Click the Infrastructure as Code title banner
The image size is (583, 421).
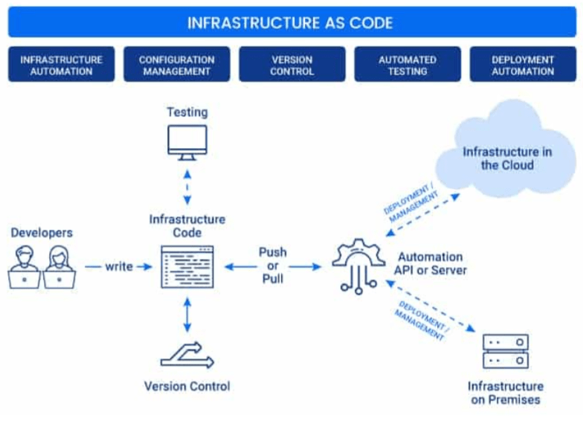tap(290, 22)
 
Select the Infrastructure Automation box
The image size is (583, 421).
tap(61, 65)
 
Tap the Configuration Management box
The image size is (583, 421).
tap(175, 65)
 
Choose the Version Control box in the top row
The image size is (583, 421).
tap(291, 65)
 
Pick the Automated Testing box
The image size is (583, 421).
tap(407, 65)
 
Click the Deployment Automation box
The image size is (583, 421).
tap(523, 65)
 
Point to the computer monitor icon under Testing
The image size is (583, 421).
tap(187, 143)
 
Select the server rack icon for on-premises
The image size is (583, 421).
tap(506, 351)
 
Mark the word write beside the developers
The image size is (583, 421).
tap(118, 266)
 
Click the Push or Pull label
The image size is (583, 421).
tap(273, 266)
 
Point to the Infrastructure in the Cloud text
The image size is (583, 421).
tap(507, 158)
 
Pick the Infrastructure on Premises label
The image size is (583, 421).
tap(506, 393)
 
